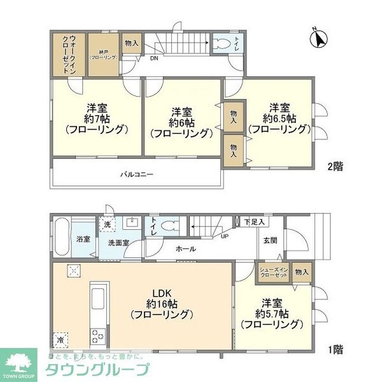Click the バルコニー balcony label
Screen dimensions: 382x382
[137, 174]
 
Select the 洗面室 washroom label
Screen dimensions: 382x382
[118, 243]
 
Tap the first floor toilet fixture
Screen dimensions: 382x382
[167, 226]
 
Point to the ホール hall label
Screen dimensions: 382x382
[185, 249]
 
